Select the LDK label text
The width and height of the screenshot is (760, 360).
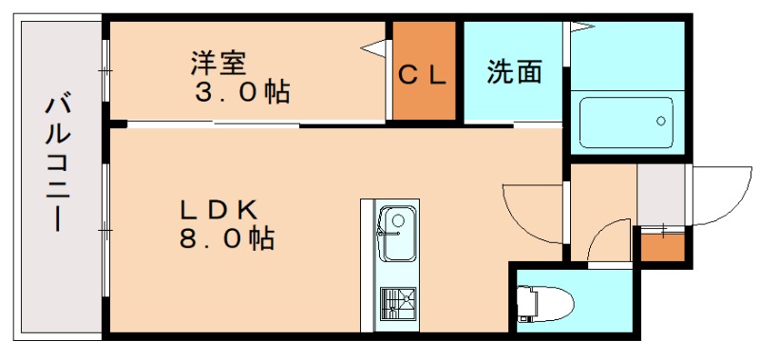(x=221, y=208)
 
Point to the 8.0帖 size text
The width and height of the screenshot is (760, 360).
(x=227, y=238)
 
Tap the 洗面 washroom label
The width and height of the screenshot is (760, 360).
(x=515, y=72)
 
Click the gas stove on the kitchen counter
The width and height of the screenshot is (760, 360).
(x=396, y=306)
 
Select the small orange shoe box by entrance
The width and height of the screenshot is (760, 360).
(x=661, y=246)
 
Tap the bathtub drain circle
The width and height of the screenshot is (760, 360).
(x=661, y=121)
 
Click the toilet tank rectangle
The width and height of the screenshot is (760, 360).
(x=525, y=303)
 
